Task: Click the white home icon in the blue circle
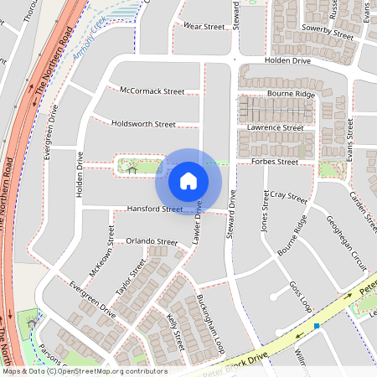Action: [188, 180]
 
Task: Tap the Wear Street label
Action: [204, 27]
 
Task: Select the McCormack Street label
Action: [152, 90]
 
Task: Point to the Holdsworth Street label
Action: [143, 124]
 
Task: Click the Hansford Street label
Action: [154, 209]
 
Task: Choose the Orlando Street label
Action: [152, 241]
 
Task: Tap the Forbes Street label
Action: [275, 161]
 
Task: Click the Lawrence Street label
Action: [276, 127]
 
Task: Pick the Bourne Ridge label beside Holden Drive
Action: [291, 94]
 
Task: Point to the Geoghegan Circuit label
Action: [346, 239]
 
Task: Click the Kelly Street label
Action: [175, 331]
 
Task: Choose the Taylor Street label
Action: [131, 276]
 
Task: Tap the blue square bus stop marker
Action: [317, 325]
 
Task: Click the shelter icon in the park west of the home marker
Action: [132, 168]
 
